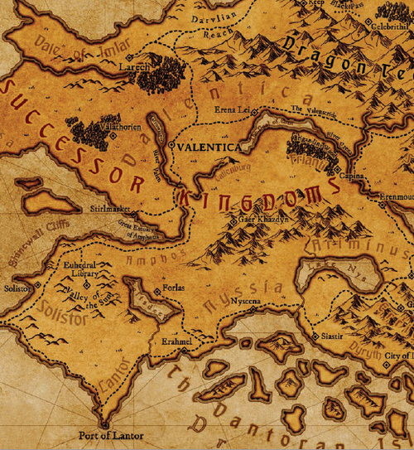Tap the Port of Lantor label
click(110, 436)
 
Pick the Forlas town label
click(175, 290)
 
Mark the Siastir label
click(333, 338)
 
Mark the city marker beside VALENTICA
click(171, 146)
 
